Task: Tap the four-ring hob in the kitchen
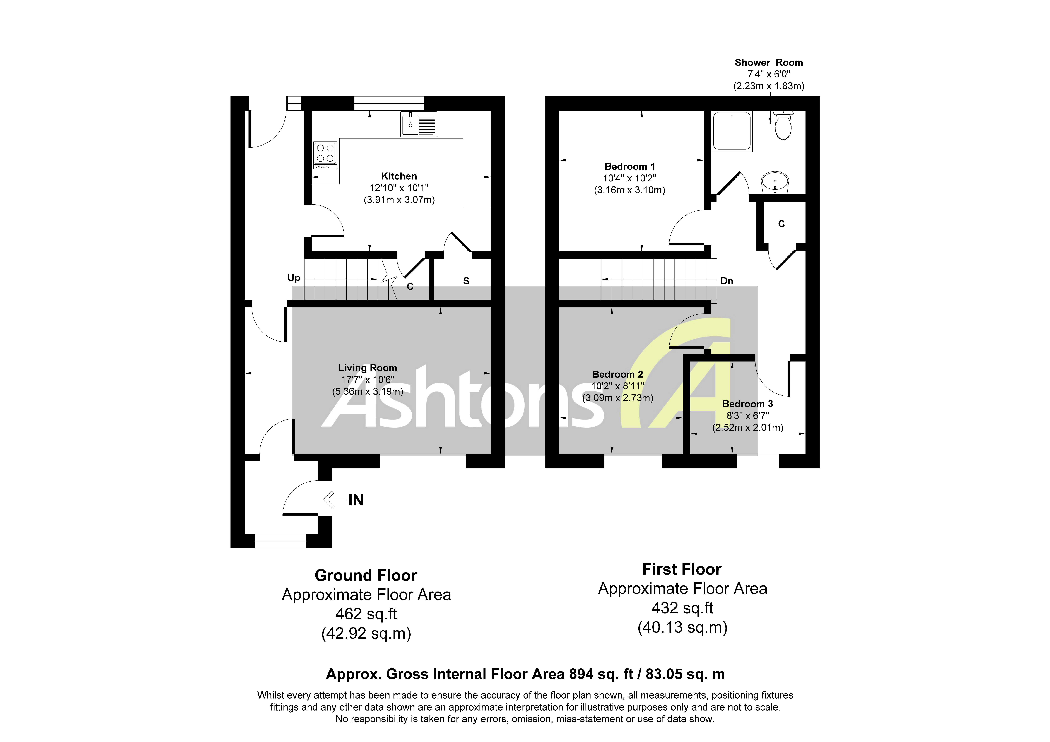point(325,155)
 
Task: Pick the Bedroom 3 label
point(747,404)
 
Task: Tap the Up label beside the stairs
point(294,278)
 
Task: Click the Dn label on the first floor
point(726,281)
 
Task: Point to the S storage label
point(466,281)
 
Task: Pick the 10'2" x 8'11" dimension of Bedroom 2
point(617,386)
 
